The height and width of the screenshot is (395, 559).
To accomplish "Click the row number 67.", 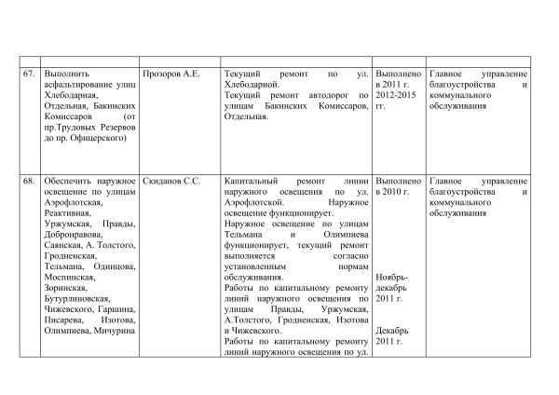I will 30,72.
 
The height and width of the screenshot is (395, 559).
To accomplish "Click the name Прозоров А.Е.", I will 170,72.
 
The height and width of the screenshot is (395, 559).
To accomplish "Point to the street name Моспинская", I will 70,278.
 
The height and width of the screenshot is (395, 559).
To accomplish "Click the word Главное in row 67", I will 449,72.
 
